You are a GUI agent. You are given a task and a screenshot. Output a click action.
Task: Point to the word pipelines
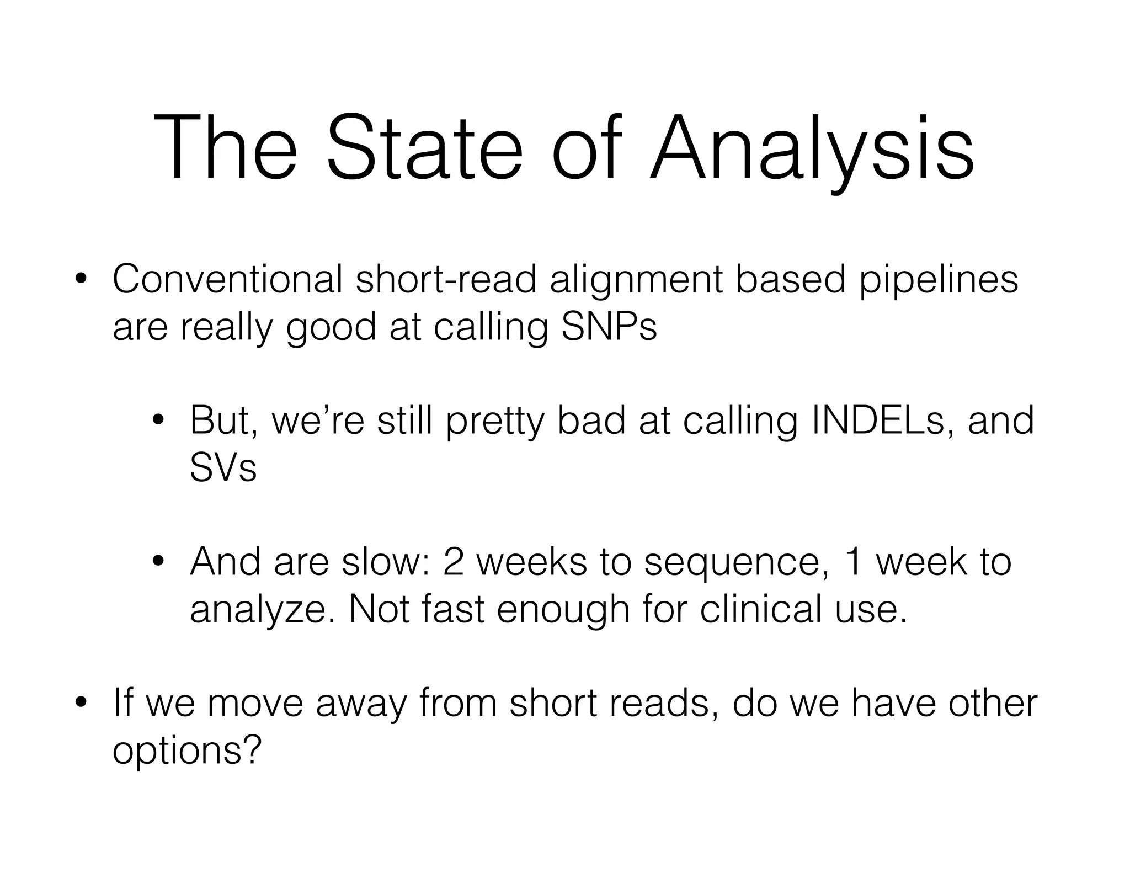click(939, 280)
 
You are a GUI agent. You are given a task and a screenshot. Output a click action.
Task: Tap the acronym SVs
click(223, 468)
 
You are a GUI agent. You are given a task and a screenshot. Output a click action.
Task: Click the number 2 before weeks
click(453, 562)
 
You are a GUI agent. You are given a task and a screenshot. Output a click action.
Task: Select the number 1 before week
click(854, 562)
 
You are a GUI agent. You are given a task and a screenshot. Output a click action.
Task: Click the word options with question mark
click(186, 750)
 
